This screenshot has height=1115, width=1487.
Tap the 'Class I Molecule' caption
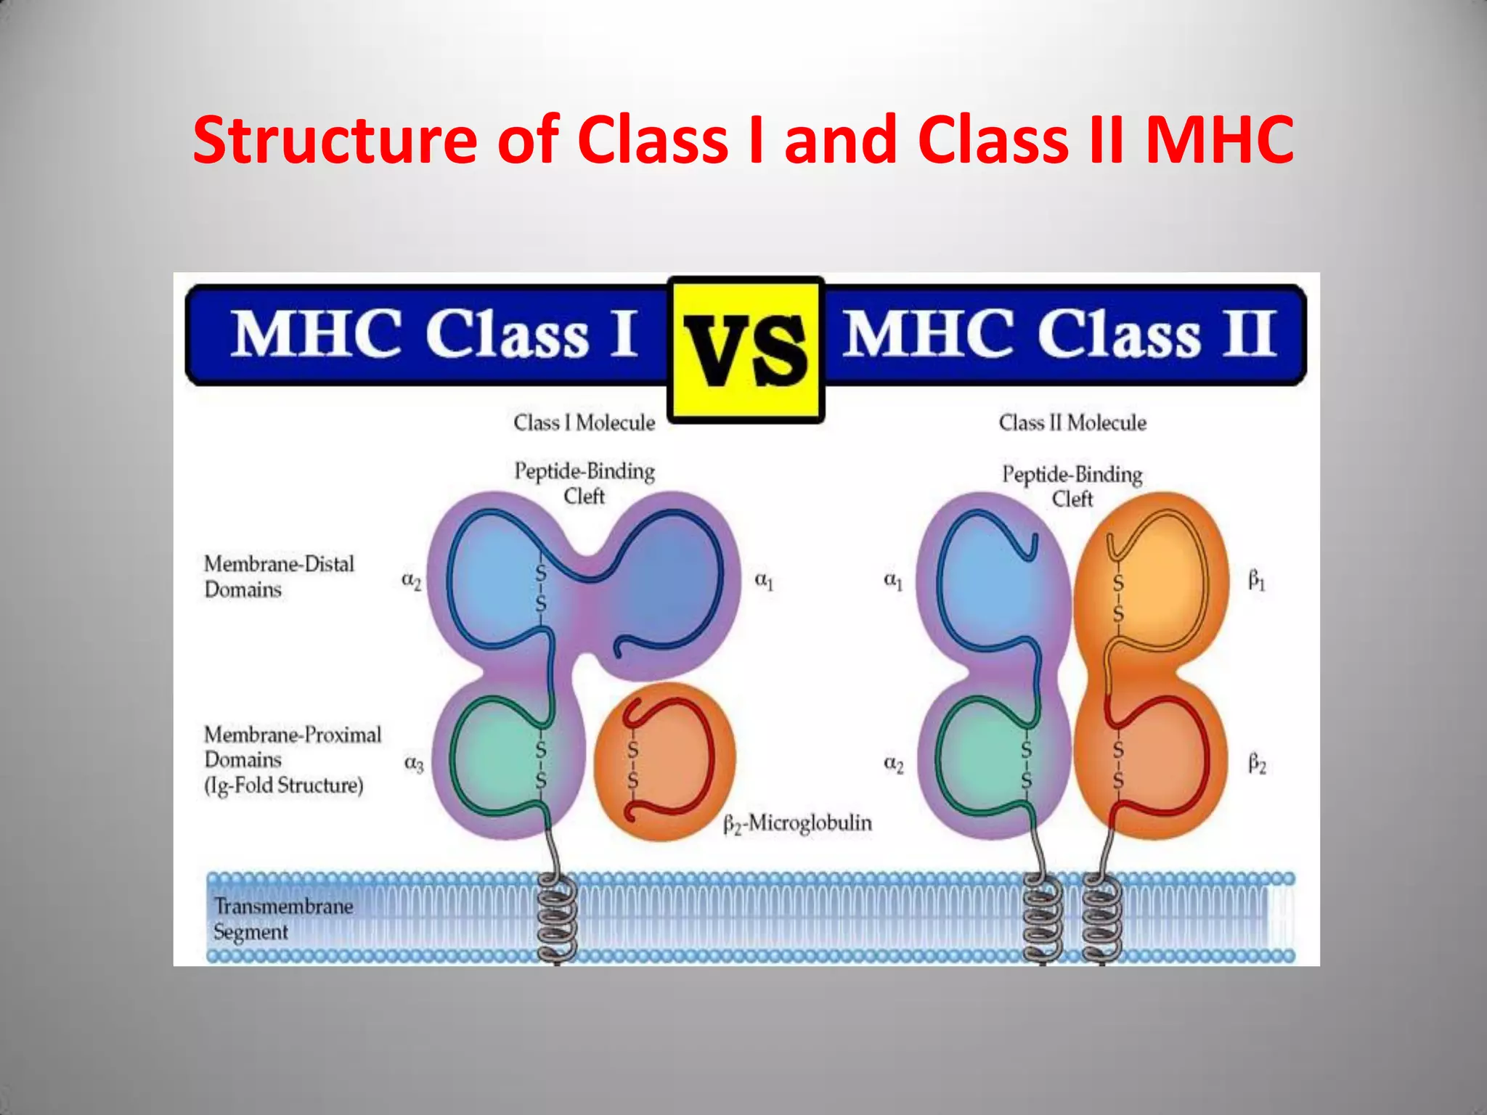pyautogui.click(x=584, y=422)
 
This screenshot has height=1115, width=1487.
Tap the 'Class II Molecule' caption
pyautogui.click(x=1072, y=422)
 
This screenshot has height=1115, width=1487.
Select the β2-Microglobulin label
pyautogui.click(x=797, y=824)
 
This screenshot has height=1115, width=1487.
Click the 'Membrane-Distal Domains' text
pyautogui.click(x=279, y=576)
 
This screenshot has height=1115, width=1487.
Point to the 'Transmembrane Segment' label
pyautogui.click(x=283, y=919)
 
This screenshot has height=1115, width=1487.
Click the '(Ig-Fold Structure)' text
pyautogui.click(x=283, y=785)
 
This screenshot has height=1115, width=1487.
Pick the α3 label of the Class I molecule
pyautogui.click(x=413, y=763)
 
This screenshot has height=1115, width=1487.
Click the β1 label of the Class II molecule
pyautogui.click(x=1256, y=581)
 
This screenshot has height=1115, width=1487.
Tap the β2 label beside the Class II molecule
pyautogui.click(x=1257, y=764)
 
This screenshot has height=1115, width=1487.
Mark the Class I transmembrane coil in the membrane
pyautogui.click(x=558, y=918)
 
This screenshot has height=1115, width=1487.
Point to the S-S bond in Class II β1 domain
pyautogui.click(x=1118, y=599)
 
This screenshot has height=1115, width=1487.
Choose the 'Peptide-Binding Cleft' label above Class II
pyautogui.click(x=1072, y=486)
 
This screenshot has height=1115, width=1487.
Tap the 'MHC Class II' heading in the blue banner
pyautogui.click(x=1060, y=334)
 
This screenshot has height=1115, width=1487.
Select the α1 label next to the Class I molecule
pyautogui.click(x=764, y=581)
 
